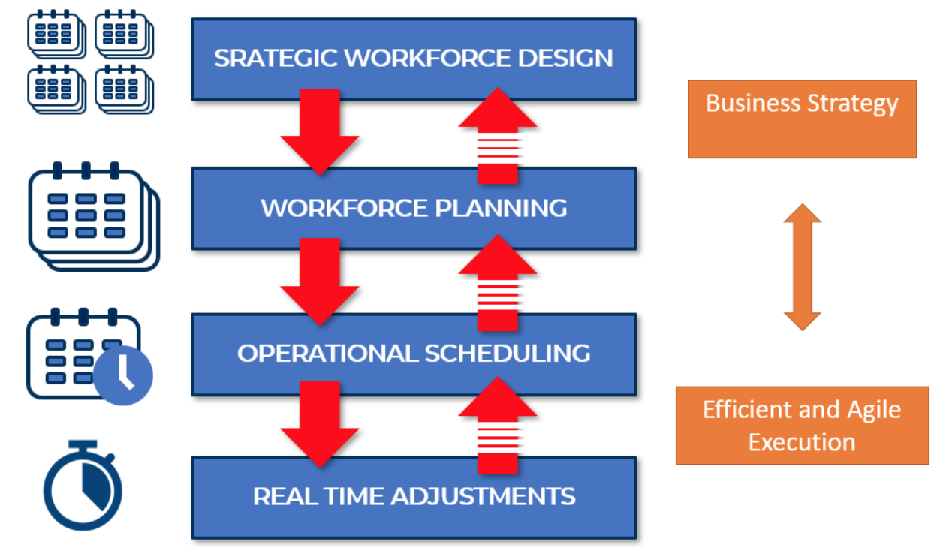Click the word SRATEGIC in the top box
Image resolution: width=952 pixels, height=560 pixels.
pos(276,58)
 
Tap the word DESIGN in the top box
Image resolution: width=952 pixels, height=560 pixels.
pos(565,58)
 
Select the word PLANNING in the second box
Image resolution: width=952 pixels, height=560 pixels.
pos(501,208)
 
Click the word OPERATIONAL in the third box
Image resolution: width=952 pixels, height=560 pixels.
pos(327,353)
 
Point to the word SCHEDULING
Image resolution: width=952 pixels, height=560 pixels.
pos(508,353)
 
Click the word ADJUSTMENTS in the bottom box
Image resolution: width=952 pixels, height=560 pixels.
pos(483,496)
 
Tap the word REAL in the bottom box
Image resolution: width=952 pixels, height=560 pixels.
pos(285,496)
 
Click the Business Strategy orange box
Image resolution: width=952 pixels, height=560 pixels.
pos(803,119)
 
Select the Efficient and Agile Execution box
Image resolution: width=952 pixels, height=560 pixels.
pos(803,426)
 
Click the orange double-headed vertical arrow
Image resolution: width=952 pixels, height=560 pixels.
pos(803,266)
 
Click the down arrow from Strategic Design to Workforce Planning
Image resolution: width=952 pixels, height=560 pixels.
pos(320,131)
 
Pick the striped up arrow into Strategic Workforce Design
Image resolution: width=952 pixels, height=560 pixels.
pos(498,136)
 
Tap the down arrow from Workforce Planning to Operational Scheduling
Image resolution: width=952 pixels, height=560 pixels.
pos(320,282)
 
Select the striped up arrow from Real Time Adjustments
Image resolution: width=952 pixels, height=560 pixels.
pos(498,425)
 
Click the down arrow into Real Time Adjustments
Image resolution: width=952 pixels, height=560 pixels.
pos(320,424)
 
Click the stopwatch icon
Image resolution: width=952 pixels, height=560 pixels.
pos(83,485)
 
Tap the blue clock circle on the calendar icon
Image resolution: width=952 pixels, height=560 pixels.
pos(123,375)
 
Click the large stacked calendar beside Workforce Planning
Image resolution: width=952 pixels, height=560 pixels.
pos(94,216)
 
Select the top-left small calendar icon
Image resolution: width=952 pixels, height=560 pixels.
pos(56,34)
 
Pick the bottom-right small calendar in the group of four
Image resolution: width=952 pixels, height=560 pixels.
pos(124,89)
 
